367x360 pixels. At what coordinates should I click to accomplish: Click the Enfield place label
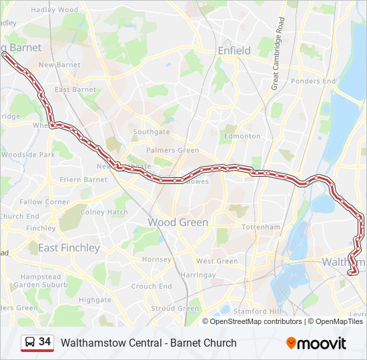[234, 51]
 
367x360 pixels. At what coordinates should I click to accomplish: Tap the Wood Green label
[177, 222]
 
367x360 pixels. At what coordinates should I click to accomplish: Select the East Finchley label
[69, 248]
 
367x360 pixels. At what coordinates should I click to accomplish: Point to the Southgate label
[151, 132]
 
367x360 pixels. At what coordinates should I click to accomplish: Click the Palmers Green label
[173, 151]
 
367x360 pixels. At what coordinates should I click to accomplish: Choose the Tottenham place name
[261, 227]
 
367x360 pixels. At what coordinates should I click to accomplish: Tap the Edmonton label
[242, 136]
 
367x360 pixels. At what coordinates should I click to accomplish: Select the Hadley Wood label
[55, 10]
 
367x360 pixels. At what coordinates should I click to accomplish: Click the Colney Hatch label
[104, 213]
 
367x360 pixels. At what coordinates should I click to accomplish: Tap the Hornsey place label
[157, 259]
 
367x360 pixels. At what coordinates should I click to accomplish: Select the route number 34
[45, 342]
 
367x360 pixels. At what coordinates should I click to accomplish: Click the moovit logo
[316, 343]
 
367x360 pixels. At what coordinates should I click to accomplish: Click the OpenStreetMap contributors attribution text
[257, 321]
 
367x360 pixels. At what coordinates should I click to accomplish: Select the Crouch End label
[152, 286]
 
